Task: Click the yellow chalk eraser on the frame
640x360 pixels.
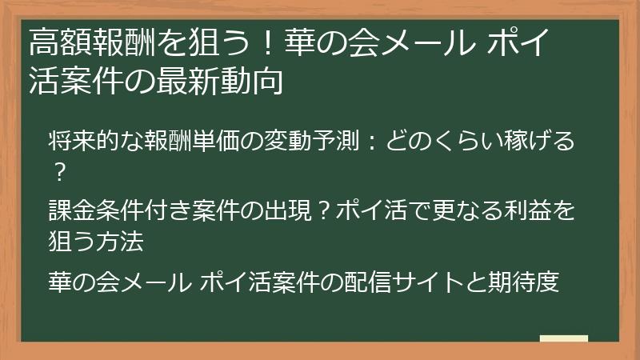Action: [564, 338]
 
